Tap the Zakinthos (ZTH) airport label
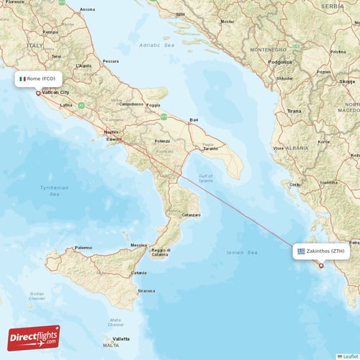tap(325, 252)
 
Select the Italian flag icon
tap(22, 78)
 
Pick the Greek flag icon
tap(301, 252)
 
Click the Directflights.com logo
tap(34, 337)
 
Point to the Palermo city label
tap(84, 248)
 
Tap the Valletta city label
tap(121, 338)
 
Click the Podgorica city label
tap(279, 63)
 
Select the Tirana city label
tap(294, 112)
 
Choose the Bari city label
tap(193, 120)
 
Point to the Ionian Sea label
tap(242, 253)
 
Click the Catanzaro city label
tap(191, 215)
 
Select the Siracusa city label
tap(147, 291)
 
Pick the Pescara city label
tap(111, 61)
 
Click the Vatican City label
tap(55, 93)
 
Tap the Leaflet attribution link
tap(351, 356)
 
